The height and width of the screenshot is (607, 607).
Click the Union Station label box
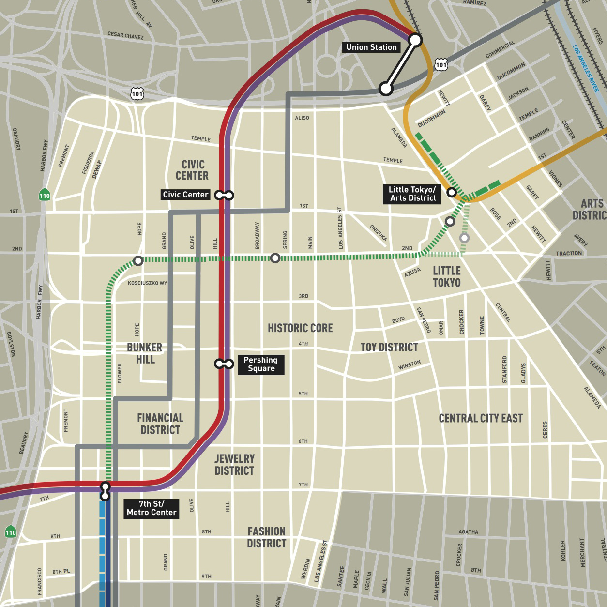[371, 47]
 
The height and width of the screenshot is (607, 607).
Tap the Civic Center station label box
[185, 195]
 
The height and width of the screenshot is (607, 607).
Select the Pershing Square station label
[260, 364]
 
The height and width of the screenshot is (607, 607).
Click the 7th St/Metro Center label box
[152, 508]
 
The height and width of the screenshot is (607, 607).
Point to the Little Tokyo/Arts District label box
[412, 194]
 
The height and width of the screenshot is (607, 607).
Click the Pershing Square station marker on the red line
[224, 364]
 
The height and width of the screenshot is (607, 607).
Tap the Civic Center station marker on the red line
[225, 195]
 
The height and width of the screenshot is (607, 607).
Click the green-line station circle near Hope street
[138, 261]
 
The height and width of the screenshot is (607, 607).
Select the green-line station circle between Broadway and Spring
[275, 258]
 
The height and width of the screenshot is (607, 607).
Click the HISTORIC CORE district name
[300, 328]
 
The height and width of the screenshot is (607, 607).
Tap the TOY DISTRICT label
[389, 348]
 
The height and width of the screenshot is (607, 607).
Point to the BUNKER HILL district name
[145, 353]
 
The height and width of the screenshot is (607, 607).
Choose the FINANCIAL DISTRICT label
[160, 424]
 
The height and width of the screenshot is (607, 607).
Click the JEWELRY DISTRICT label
[234, 465]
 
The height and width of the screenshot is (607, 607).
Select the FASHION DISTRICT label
[266, 537]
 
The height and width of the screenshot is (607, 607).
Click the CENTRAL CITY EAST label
[481, 418]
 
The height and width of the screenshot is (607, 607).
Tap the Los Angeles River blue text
[586, 68]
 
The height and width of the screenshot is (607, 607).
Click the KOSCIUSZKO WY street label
[147, 283]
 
